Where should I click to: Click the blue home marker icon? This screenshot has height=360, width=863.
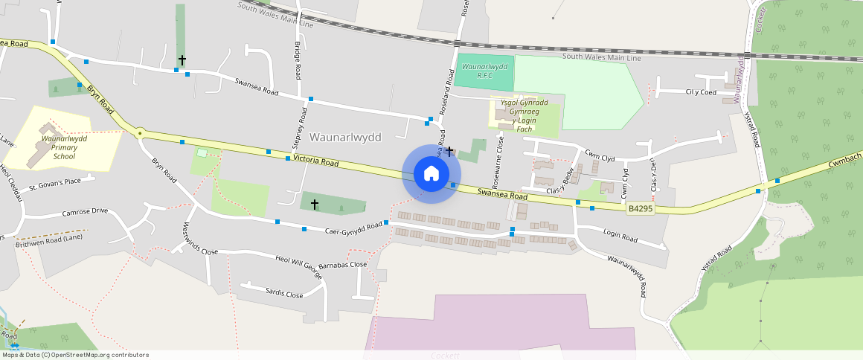point(431,174)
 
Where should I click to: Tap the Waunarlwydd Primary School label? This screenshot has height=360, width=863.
point(59,147)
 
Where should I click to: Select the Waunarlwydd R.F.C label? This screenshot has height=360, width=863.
point(484,71)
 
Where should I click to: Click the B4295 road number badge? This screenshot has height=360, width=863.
point(639,209)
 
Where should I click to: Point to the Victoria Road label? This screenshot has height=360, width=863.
point(315,160)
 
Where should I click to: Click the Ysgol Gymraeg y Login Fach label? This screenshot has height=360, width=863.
point(524,115)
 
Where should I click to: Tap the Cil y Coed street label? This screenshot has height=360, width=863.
point(700,92)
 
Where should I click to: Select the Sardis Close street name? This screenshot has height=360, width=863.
point(284,293)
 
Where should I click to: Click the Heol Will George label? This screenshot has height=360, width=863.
point(299,267)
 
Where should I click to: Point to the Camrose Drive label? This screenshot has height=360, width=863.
point(85,211)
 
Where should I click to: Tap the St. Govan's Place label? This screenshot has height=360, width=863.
point(54,182)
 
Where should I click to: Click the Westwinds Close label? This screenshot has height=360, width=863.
point(200,239)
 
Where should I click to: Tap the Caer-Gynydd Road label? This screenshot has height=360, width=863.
point(353,228)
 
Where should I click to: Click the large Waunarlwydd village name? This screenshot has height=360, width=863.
point(345,138)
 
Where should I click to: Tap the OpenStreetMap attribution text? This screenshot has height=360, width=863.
point(75,355)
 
